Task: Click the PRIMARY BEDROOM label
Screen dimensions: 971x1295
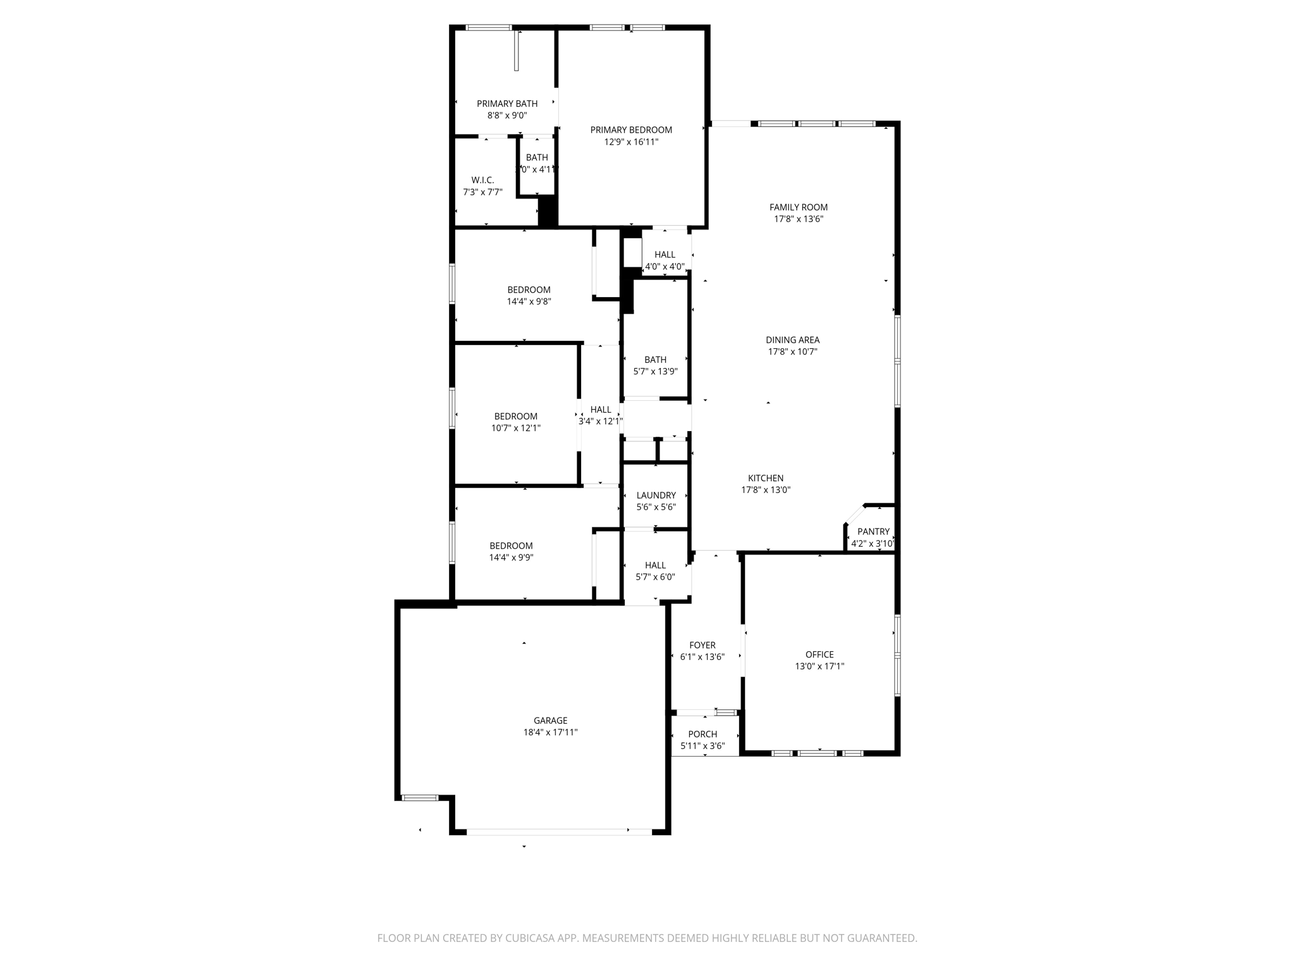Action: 630,130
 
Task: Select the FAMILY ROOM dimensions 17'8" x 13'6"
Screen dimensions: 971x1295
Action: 798,219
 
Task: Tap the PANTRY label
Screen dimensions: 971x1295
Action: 873,532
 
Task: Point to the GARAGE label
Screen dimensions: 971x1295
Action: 550,721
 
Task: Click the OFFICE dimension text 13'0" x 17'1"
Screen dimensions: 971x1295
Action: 819,666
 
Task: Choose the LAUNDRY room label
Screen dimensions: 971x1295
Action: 656,496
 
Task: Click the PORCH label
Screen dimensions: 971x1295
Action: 703,735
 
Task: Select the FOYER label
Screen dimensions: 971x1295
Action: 702,645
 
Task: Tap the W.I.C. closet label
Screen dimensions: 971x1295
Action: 482,180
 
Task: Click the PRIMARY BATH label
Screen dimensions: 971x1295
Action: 507,104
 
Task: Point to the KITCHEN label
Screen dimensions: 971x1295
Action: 766,479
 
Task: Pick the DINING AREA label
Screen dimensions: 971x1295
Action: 792,340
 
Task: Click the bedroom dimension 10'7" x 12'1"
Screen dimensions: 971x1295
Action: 516,428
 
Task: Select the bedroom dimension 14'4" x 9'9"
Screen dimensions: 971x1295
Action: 511,558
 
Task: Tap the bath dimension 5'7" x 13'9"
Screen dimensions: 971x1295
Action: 655,372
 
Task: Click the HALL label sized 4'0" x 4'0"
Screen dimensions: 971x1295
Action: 665,255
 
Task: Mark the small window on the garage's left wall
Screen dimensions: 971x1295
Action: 420,797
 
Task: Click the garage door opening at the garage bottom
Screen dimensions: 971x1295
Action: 559,832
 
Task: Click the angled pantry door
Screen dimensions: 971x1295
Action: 854,514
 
